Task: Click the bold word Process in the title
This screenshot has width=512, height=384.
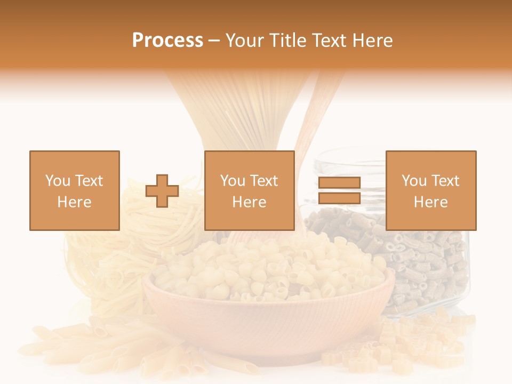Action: [167, 41]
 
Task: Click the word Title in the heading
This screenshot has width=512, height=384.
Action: [287, 41]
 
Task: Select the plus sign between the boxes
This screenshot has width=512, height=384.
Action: [162, 191]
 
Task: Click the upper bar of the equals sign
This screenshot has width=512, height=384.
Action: [339, 182]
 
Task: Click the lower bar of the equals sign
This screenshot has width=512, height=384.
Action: [339, 198]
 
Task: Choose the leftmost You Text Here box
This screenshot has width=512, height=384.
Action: [75, 190]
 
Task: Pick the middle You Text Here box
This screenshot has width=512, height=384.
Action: [250, 190]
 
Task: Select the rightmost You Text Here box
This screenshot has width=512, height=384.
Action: [431, 190]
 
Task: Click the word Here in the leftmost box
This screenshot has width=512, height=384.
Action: [75, 202]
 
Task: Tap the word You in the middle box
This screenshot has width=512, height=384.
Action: [233, 181]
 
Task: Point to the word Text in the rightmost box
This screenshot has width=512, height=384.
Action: [445, 181]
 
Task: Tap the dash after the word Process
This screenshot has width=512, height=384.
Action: [214, 41]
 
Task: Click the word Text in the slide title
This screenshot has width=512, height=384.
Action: [328, 41]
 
